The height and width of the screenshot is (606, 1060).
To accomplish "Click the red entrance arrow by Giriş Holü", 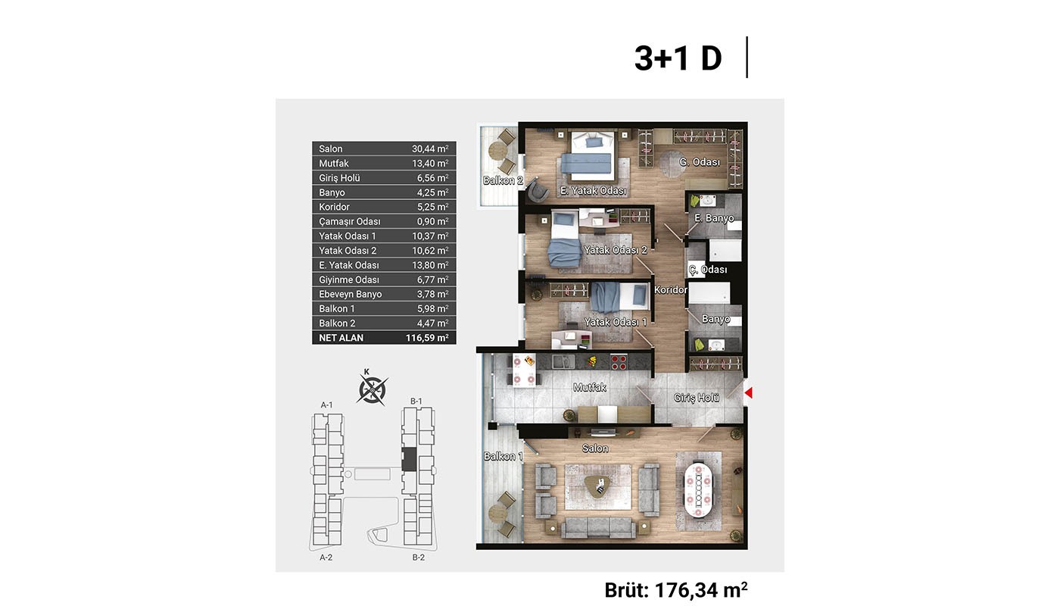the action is pyautogui.click(x=749, y=392).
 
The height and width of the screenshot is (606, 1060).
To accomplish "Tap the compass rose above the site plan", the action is pyautogui.click(x=372, y=389).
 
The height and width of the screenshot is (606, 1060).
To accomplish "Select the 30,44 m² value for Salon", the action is pyautogui.click(x=430, y=148).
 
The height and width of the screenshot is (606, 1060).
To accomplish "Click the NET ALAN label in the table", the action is pyautogui.click(x=341, y=338).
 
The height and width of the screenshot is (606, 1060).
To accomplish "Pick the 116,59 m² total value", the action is pyautogui.click(x=427, y=338).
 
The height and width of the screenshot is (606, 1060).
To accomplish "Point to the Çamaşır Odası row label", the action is pyautogui.click(x=349, y=221).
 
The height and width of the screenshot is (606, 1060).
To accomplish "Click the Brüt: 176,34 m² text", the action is pyautogui.click(x=675, y=590).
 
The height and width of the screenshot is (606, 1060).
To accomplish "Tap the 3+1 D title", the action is pyautogui.click(x=678, y=58).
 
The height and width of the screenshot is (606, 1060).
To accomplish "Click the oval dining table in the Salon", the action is pyautogui.click(x=698, y=491).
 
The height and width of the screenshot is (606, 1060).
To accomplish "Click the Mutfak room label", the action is pyautogui.click(x=590, y=387).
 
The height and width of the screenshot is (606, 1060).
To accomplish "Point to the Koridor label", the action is pyautogui.click(x=670, y=289).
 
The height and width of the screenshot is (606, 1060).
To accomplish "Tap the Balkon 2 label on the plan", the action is pyautogui.click(x=503, y=180).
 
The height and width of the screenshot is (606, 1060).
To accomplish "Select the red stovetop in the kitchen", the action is pyautogui.click(x=619, y=362).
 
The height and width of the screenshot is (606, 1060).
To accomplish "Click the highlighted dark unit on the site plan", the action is pyautogui.click(x=409, y=459).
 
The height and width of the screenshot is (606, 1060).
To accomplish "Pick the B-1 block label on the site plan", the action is pyautogui.click(x=416, y=401).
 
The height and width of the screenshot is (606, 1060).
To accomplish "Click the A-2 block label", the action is pyautogui.click(x=326, y=558).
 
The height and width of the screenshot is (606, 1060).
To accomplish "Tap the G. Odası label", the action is pyautogui.click(x=700, y=162).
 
